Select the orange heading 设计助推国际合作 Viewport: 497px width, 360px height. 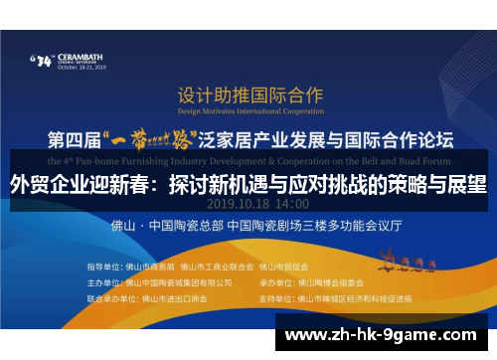pos(249,95)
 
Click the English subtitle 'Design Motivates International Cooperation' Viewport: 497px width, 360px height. pos(249,112)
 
